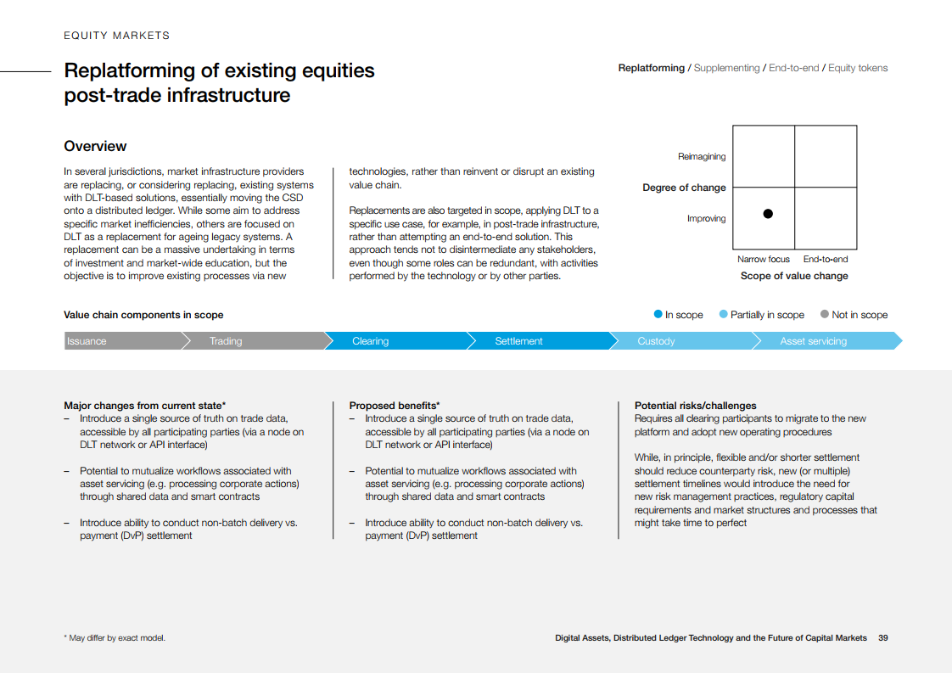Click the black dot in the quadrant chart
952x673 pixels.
click(x=768, y=214)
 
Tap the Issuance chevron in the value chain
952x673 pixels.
click(x=87, y=341)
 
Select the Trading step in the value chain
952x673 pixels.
click(x=226, y=341)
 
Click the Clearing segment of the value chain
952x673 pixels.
click(x=371, y=341)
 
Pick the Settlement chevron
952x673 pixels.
click(x=518, y=341)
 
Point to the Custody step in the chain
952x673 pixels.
click(x=656, y=341)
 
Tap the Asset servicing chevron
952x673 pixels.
click(x=813, y=341)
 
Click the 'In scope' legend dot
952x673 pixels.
click(x=658, y=314)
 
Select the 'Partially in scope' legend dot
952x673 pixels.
click(x=723, y=314)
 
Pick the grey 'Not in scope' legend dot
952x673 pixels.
click(x=825, y=314)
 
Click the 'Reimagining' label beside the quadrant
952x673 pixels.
click(x=702, y=157)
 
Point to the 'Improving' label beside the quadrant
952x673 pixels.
click(x=706, y=219)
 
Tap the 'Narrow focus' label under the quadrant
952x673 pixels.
click(x=763, y=260)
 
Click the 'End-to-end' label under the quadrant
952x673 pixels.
click(x=826, y=260)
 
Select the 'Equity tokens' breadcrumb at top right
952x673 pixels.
click(x=858, y=68)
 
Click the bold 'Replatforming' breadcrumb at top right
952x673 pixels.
click(x=651, y=68)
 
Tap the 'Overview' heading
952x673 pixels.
click(x=95, y=146)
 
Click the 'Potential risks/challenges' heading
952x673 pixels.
click(x=695, y=406)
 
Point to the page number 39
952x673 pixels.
click(x=883, y=638)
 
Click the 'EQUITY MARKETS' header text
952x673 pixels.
click(x=117, y=36)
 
